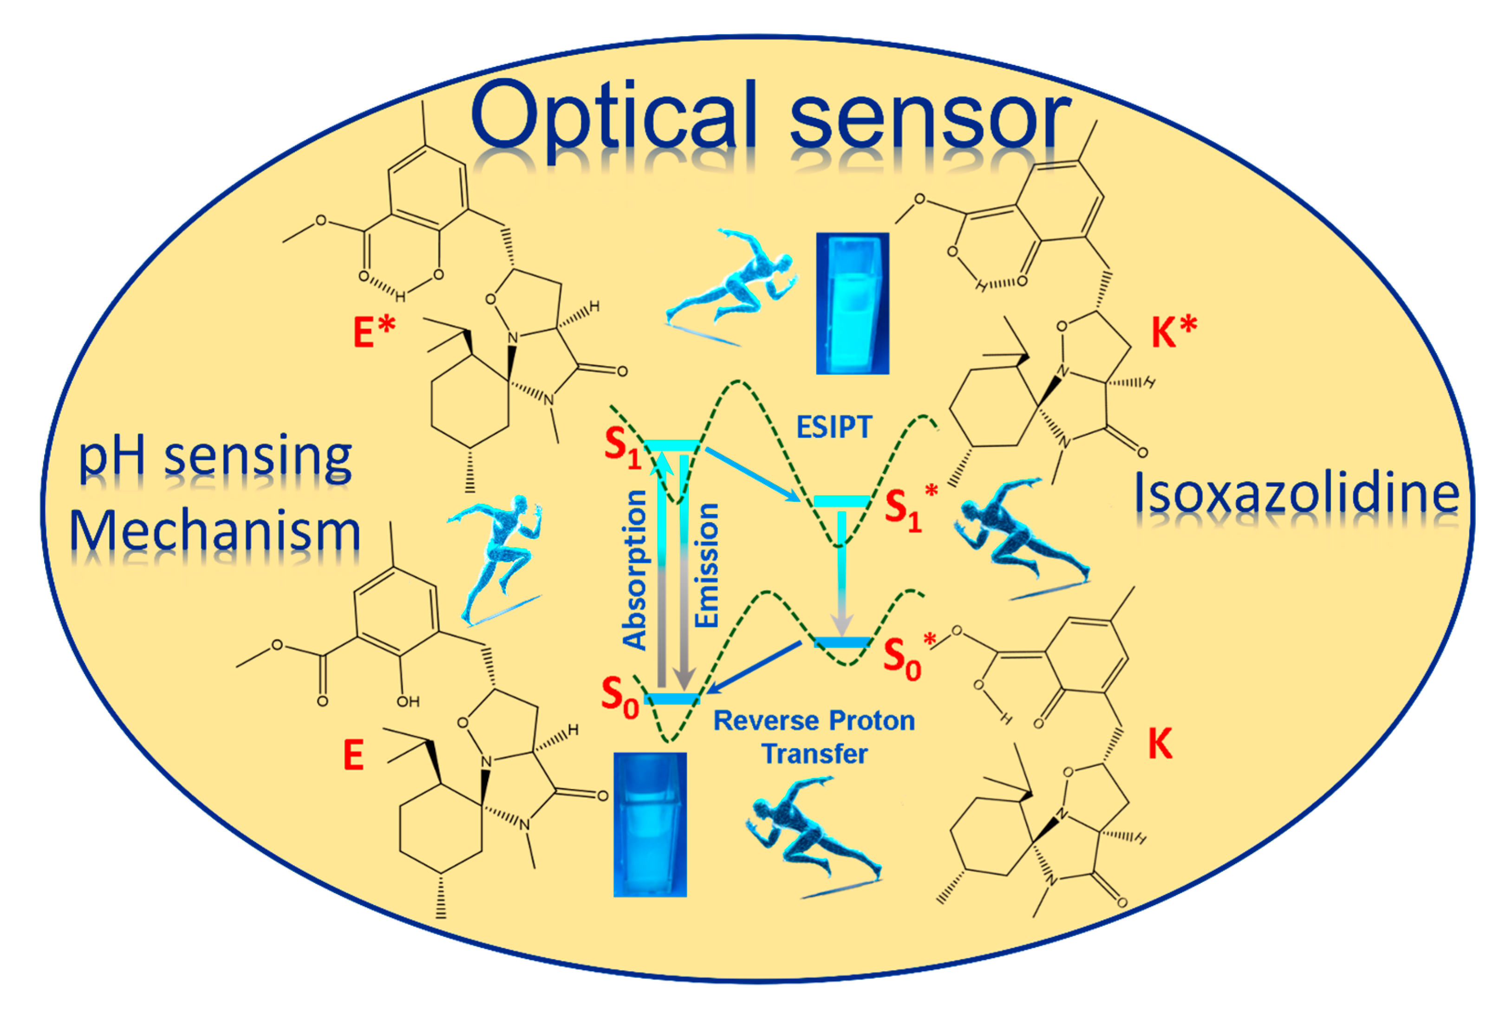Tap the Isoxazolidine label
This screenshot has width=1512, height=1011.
click(x=1297, y=493)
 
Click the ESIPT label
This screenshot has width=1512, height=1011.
click(x=834, y=427)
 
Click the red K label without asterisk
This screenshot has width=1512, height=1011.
click(x=1160, y=744)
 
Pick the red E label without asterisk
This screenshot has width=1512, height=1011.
click(x=353, y=755)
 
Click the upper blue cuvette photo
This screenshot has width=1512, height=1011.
click(x=852, y=303)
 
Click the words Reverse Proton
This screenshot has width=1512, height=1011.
click(x=814, y=721)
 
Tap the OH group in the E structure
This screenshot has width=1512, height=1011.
click(x=408, y=701)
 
